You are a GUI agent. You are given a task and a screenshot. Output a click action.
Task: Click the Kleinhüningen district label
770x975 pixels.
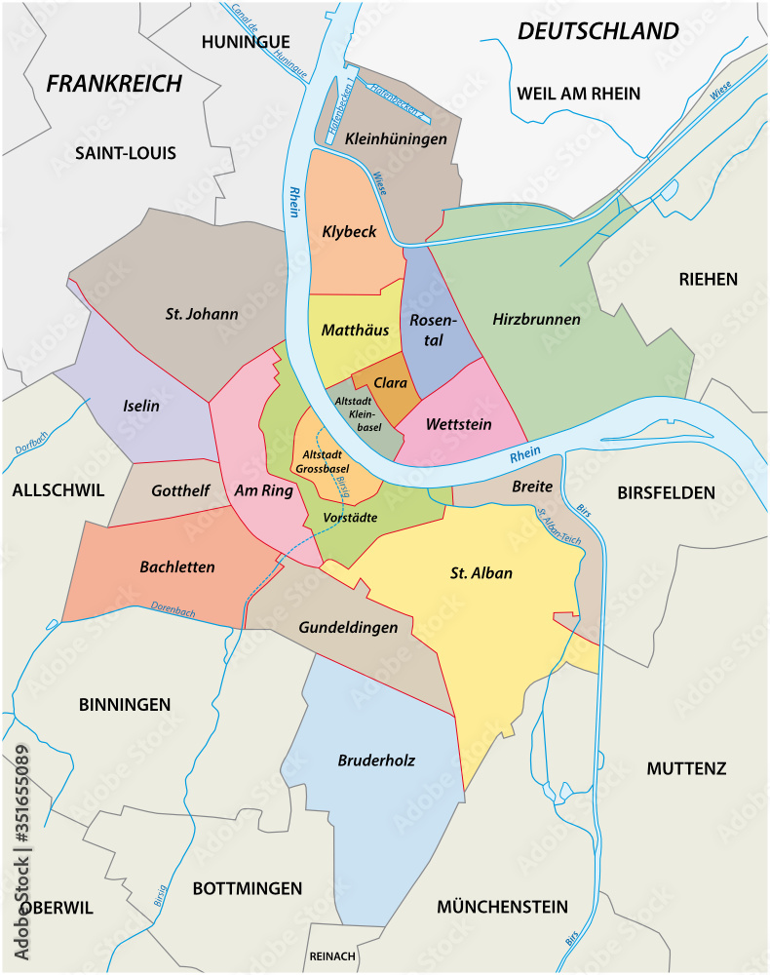[396, 139]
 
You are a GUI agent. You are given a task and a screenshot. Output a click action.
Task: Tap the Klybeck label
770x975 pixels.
[349, 232]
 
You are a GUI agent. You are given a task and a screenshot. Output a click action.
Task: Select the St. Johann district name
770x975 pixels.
[202, 314]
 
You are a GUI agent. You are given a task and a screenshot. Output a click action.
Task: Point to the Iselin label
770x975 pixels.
[141, 406]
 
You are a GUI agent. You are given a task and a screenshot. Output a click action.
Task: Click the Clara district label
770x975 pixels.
[390, 383]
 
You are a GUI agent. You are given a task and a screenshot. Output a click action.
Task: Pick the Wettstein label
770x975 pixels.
[459, 425]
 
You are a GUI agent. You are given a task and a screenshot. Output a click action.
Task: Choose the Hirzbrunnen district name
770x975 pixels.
[536, 319]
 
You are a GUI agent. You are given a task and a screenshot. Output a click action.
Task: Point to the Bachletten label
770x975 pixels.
[177, 566]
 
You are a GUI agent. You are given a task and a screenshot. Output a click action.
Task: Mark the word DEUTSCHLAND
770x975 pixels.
[597, 31]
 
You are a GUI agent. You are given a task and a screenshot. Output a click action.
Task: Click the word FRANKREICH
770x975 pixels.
[114, 84]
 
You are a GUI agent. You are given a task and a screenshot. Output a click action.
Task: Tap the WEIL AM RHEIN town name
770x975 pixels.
[578, 94]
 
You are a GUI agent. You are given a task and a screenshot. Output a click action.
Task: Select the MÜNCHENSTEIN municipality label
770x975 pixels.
[502, 907]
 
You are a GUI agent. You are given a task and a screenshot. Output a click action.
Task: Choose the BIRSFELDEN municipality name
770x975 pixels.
[666, 493]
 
